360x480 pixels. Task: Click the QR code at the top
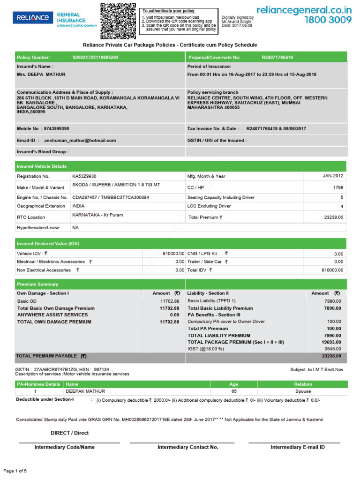118,21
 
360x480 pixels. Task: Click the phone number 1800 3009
328,20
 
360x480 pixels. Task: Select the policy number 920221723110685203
96,57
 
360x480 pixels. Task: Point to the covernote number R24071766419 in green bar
277,57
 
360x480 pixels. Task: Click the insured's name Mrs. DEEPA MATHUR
41,75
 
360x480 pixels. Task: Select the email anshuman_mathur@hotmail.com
80,140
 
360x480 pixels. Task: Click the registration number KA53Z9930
84,176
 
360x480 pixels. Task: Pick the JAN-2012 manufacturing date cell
333,176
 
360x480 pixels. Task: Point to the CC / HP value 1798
337,187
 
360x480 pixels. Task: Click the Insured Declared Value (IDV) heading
48,244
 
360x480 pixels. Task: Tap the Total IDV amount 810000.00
332,270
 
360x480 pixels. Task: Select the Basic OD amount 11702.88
169,301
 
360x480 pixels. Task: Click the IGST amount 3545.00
333,349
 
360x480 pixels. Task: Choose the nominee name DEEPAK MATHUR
85,391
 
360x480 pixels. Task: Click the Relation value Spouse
303,391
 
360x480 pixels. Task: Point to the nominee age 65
234,391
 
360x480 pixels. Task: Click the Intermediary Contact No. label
188,447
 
